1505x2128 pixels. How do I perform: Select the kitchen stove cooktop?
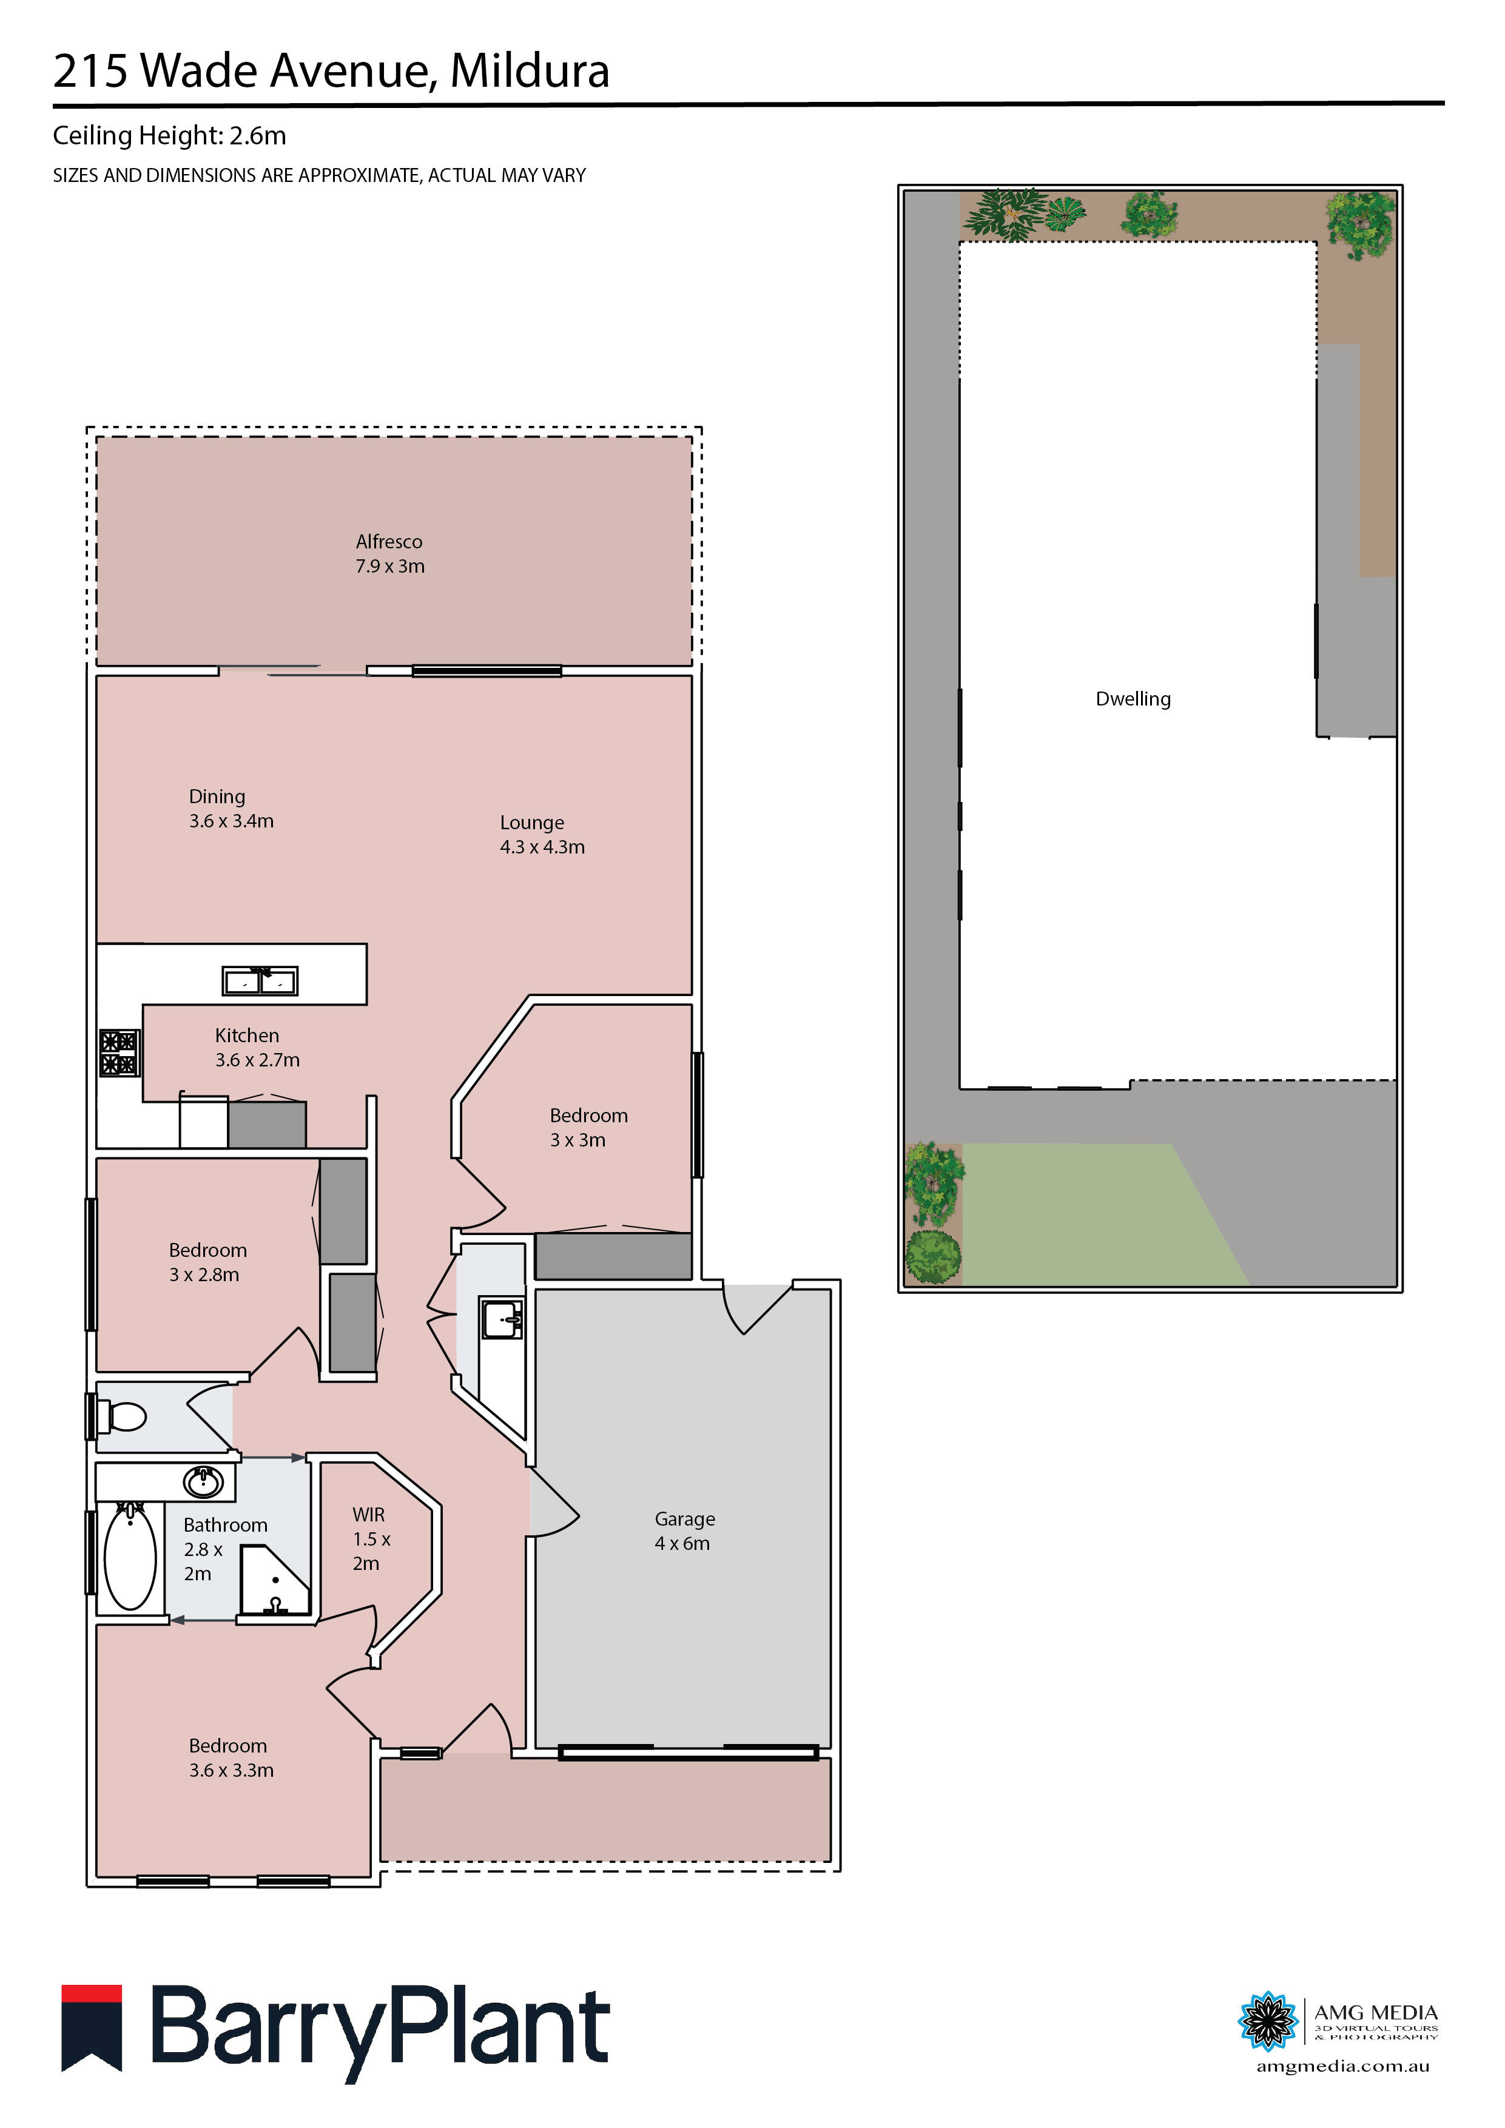pyautogui.click(x=119, y=1053)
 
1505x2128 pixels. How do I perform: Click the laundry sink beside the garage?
pyautogui.click(x=500, y=1318)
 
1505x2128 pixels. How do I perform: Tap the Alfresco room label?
pyautogui.click(x=389, y=542)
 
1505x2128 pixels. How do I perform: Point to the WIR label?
pyautogui.click(x=368, y=1515)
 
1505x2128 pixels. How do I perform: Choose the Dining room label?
pyautogui.click(x=217, y=797)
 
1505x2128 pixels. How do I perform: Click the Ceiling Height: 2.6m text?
pyautogui.click(x=170, y=136)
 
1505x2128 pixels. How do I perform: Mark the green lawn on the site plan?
pyautogui.click(x=1094, y=1214)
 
